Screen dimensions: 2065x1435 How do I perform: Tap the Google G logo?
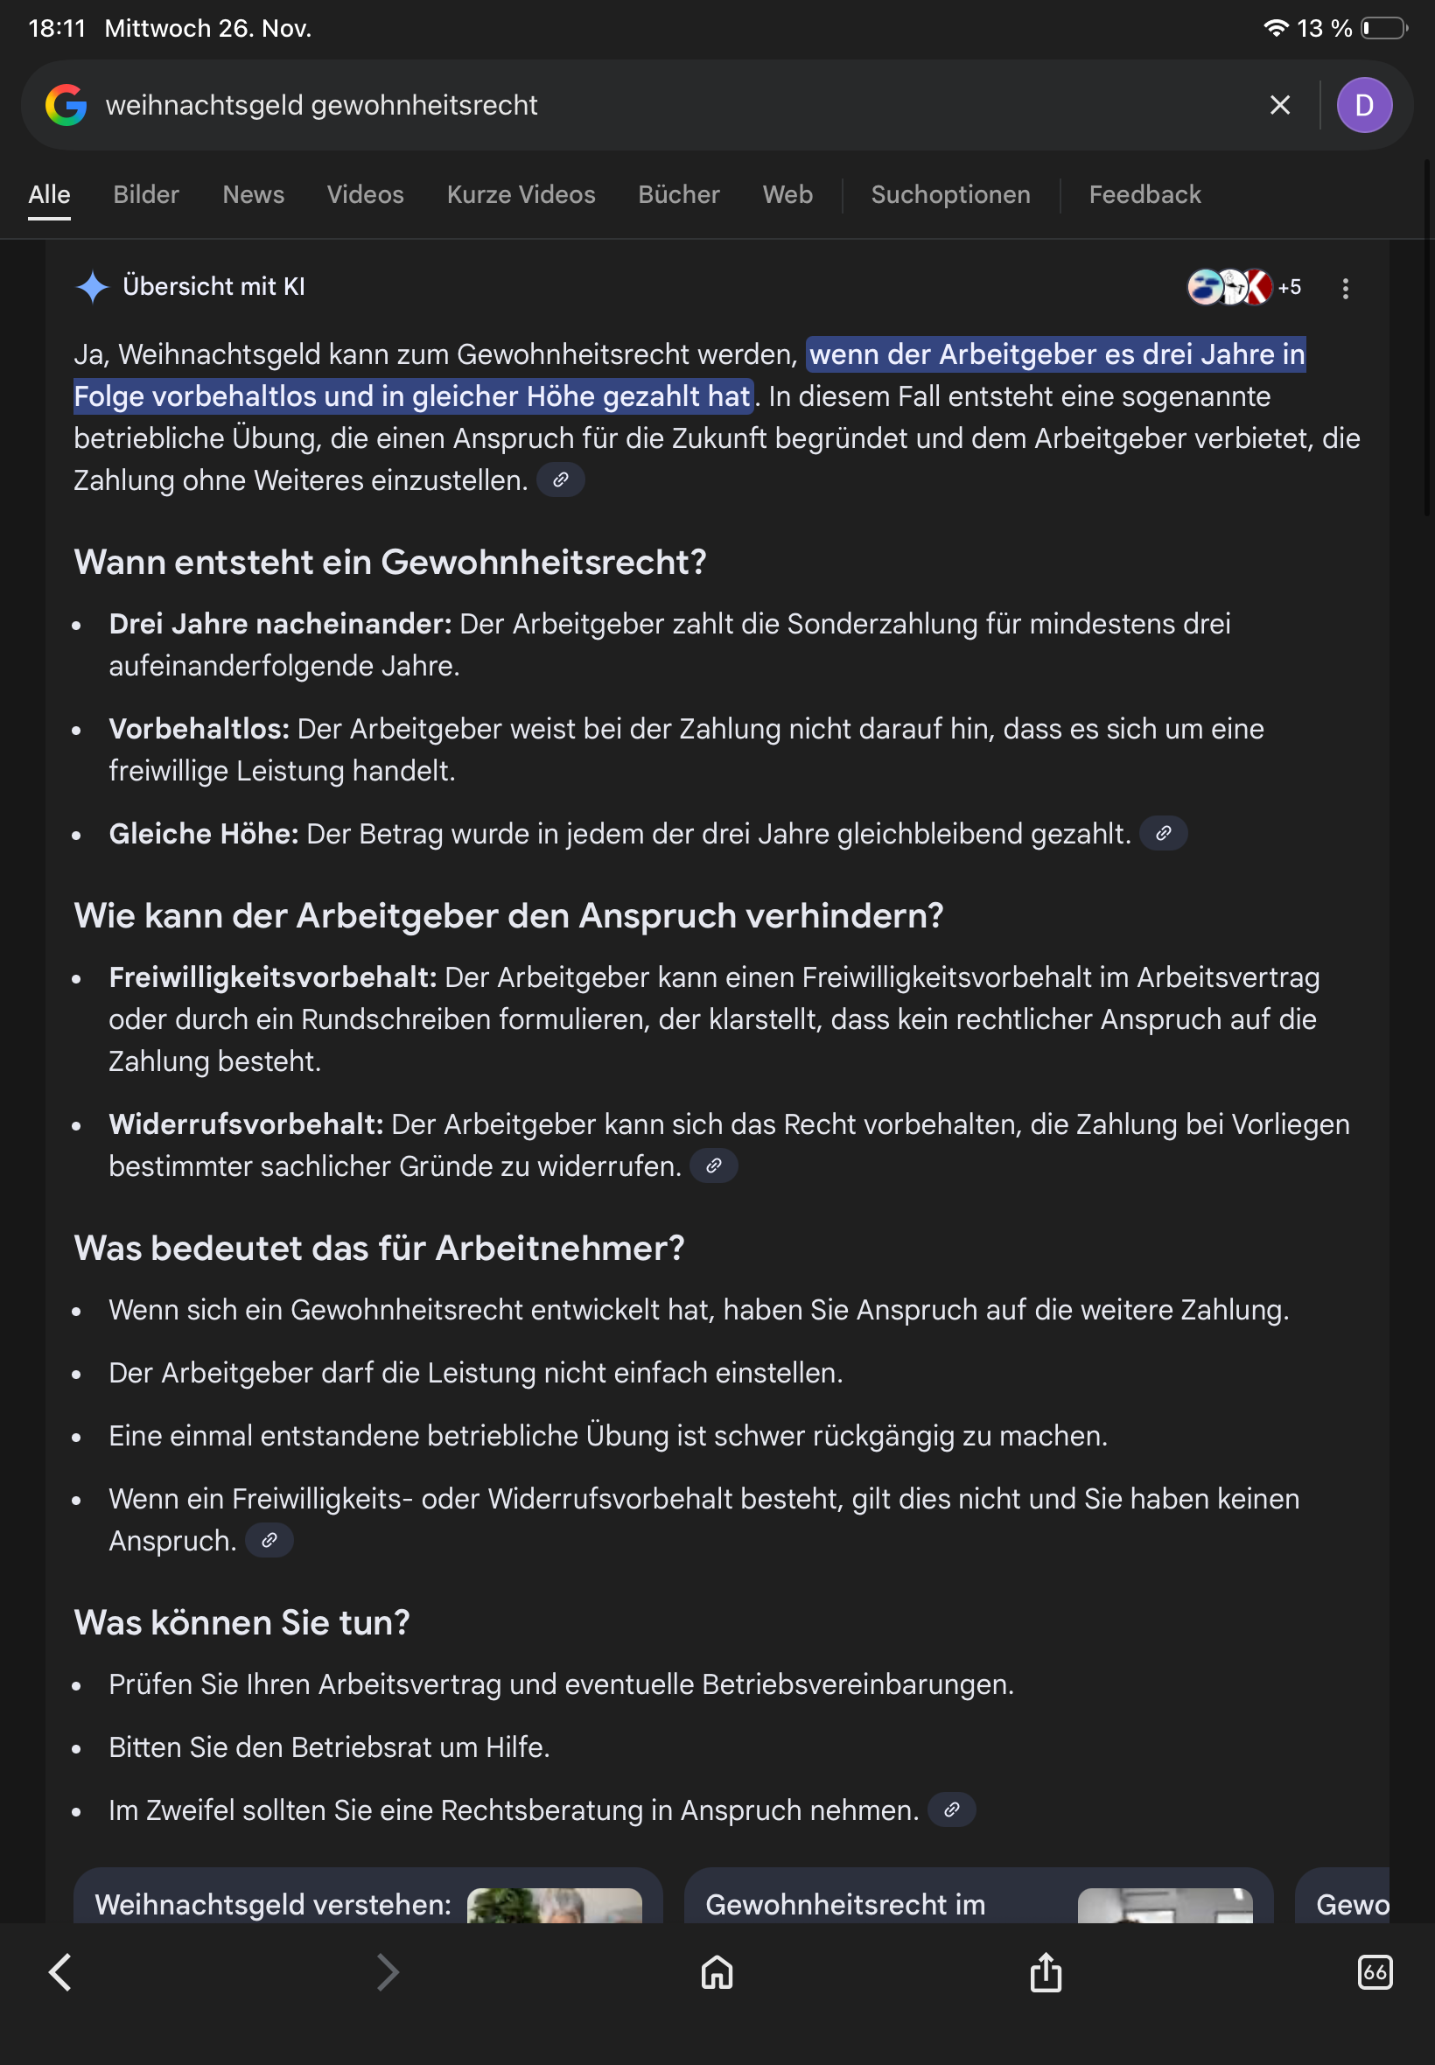click(66, 105)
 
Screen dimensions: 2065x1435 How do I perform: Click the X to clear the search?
click(1279, 105)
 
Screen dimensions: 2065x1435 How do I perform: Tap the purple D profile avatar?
click(1364, 105)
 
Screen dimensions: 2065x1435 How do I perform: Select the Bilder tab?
click(145, 194)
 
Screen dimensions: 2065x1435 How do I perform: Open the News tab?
click(253, 194)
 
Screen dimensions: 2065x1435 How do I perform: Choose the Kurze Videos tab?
click(521, 194)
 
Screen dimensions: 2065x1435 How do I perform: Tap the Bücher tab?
click(679, 194)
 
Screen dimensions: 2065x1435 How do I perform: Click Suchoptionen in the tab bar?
click(950, 194)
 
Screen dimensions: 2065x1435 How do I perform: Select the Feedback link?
click(1144, 194)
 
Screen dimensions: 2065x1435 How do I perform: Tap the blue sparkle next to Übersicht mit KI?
click(93, 287)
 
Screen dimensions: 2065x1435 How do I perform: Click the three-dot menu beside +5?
click(1345, 288)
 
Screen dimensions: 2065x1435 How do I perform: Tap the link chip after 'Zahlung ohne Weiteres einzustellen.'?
click(560, 480)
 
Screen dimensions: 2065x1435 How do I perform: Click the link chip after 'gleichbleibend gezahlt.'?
click(1163, 833)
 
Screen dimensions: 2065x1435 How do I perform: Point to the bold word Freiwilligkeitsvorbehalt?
click(272, 977)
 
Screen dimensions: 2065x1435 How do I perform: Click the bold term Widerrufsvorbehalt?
click(246, 1123)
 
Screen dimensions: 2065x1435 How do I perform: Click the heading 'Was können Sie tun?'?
click(241, 1623)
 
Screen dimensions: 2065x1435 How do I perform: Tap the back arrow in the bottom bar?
click(60, 1972)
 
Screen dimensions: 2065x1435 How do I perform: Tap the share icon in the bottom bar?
click(1046, 1972)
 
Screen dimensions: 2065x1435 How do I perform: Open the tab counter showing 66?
click(1374, 1972)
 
